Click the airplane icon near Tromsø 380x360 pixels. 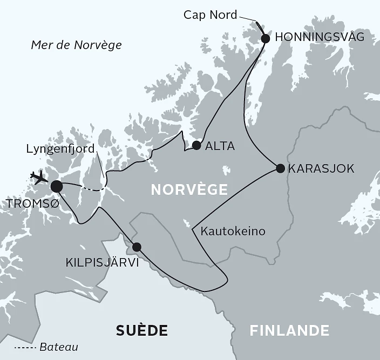(39, 178)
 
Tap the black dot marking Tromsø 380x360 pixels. (56, 187)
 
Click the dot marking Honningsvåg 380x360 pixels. (265, 38)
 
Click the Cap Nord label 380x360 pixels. (210, 15)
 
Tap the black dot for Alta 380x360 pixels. (196, 145)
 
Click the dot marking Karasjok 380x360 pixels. (280, 168)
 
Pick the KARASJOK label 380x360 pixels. (321, 168)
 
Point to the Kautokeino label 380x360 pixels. (233, 232)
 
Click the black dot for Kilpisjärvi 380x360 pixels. (137, 247)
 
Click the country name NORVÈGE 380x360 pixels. (188, 190)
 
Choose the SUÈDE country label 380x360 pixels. (142, 330)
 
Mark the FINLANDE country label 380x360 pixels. (289, 330)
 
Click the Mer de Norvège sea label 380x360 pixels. (76, 45)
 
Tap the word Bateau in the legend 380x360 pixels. (59, 347)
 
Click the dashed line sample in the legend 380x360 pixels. (25, 347)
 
